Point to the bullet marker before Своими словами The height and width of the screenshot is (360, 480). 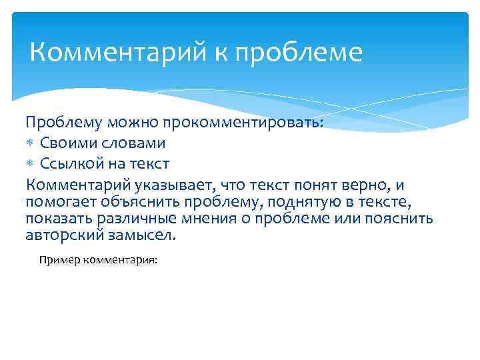click(31, 144)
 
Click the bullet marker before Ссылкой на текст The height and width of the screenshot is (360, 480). click(31, 164)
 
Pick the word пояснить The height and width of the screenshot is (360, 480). click(402, 219)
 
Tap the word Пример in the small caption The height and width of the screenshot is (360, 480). click(57, 261)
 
